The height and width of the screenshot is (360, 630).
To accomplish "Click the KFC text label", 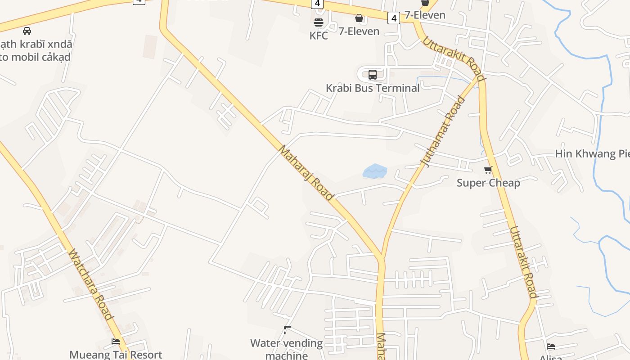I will point(319,36).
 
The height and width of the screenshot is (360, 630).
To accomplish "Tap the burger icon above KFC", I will point(319,22).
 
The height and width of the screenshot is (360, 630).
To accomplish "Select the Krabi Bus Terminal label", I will point(373,88).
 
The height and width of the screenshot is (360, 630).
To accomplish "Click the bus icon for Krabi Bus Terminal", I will point(373,75).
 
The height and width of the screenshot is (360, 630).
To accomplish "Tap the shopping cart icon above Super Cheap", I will point(488,170).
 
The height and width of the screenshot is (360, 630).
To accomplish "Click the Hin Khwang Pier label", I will point(592,153).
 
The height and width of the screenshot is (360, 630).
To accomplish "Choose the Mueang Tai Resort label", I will point(116,355).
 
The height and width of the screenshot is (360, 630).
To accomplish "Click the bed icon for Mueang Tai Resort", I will point(116,342).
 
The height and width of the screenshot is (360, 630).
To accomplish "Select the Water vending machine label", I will point(287,349).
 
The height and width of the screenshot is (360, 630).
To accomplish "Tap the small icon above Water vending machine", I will point(287,330).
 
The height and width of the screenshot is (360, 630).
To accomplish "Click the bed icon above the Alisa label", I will point(551,346).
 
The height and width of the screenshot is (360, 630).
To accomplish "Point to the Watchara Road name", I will point(90,284).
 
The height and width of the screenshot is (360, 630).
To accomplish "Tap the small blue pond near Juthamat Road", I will point(374,171).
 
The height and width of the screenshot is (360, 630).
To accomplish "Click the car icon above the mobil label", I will point(27,31).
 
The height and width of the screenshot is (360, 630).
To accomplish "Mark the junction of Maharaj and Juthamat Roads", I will point(382,259).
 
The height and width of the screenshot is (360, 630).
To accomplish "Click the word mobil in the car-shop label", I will point(27,57).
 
